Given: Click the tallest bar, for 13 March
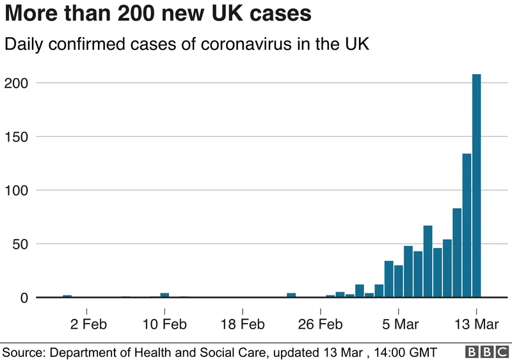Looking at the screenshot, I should pos(476,185).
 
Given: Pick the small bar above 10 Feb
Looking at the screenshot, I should pos(164,295).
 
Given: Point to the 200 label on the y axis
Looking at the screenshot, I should pos(17,83).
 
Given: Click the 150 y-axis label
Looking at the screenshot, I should pos(17,137).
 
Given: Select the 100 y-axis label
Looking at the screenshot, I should pos(17,191).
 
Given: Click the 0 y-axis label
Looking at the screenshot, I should pos(24,298).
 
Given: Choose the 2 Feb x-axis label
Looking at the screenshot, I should pos(88,324).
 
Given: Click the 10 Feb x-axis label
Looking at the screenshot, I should pos(164,324).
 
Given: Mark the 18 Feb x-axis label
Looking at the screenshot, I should pos(243,324).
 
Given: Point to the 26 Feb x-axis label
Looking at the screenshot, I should pos(321,324).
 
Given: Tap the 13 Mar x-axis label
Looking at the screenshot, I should pos(477,324).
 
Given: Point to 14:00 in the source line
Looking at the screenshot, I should pos(392,352).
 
